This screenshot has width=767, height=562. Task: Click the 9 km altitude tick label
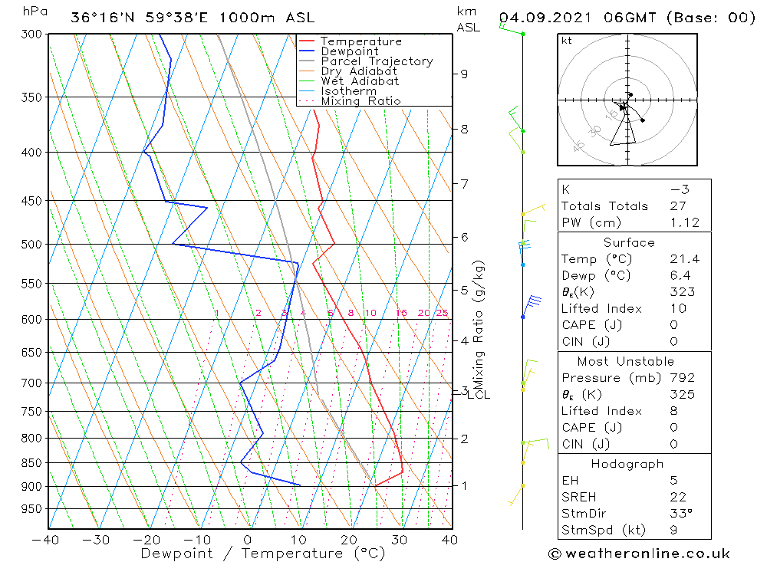[464, 74]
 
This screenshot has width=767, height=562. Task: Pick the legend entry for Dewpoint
[349, 51]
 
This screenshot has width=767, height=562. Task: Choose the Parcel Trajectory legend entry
[376, 61]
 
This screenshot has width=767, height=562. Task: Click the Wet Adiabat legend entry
[359, 81]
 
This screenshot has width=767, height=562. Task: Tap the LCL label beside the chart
[479, 395]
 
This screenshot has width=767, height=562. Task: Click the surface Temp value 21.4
[684, 259]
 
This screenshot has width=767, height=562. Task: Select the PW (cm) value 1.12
[684, 222]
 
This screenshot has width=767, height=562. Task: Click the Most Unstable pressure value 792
[682, 377]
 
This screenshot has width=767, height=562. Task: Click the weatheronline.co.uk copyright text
[639, 553]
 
